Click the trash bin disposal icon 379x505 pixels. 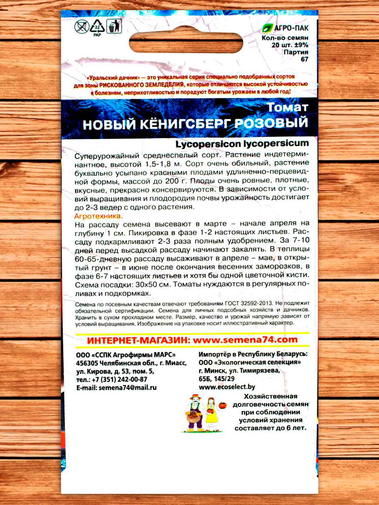[114, 26]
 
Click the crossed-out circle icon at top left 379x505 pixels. [81, 26]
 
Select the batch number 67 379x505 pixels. [304, 59]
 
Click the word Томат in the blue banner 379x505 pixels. [287, 107]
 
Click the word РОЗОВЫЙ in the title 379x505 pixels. [271, 123]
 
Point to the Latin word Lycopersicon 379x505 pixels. [208, 144]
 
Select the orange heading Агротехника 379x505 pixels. [98, 216]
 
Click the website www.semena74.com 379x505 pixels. [245, 340]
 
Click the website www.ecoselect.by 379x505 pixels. [227, 387]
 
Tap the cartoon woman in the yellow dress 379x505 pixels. [211, 414]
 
